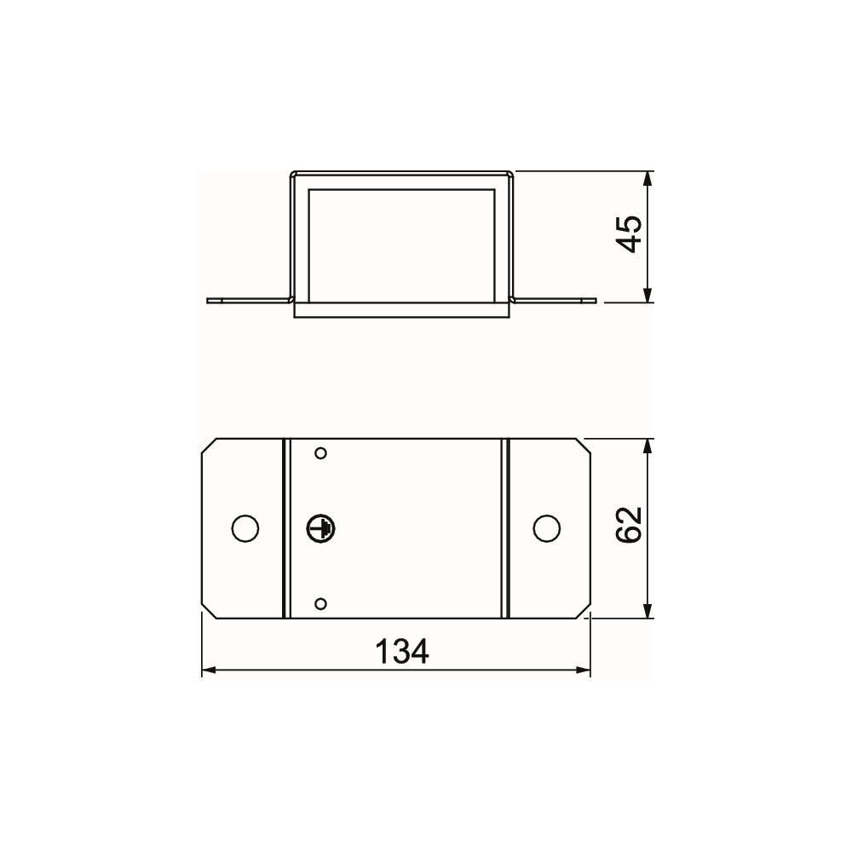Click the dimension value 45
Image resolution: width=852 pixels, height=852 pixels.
(630, 234)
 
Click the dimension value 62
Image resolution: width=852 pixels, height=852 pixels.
(630, 525)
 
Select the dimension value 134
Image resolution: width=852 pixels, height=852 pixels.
(402, 652)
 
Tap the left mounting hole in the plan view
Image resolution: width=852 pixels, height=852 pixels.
(245, 528)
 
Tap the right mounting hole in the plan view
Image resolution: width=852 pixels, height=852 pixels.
(547, 528)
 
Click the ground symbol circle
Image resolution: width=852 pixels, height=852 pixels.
(320, 528)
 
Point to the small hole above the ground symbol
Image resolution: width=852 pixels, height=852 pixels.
(320, 453)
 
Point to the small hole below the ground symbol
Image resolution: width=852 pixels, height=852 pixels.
(320, 604)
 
